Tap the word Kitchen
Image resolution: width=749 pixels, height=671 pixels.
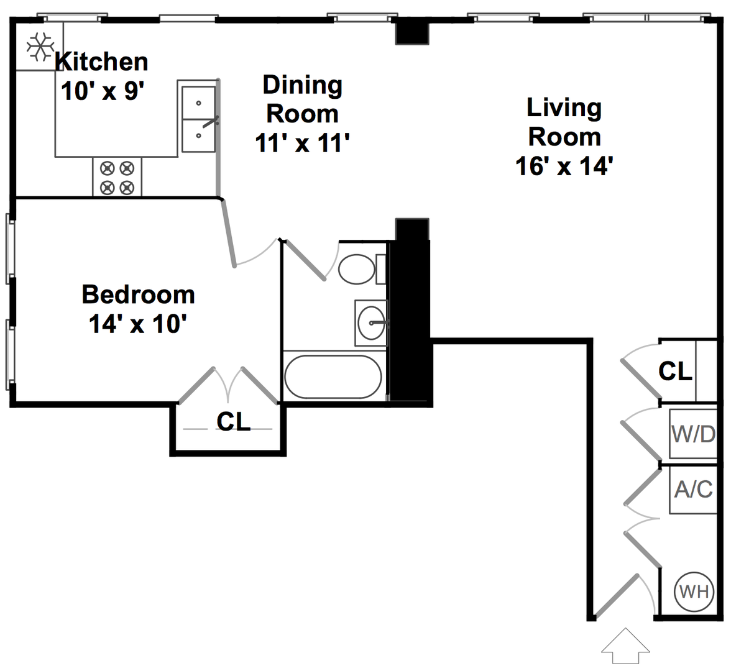(x=102, y=62)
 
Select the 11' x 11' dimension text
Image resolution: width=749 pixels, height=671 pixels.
(x=302, y=143)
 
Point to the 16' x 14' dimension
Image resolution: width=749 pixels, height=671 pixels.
(x=564, y=166)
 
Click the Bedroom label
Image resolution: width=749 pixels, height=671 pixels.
(x=138, y=294)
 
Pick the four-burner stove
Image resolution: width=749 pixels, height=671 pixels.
(x=117, y=178)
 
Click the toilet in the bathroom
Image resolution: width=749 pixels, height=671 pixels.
(x=362, y=269)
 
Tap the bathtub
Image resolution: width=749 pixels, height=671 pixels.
(x=333, y=377)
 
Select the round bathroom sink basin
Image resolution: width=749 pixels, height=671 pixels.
(x=372, y=323)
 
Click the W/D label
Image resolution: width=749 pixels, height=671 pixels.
(x=693, y=434)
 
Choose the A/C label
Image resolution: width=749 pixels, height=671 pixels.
(x=693, y=489)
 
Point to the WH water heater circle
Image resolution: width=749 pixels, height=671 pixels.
(x=694, y=592)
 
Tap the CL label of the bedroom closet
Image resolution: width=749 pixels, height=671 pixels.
(x=233, y=421)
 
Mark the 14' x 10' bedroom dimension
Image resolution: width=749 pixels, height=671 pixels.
(x=137, y=324)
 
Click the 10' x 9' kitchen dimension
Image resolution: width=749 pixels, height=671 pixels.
(x=103, y=91)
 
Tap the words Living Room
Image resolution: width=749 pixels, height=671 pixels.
(x=564, y=122)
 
